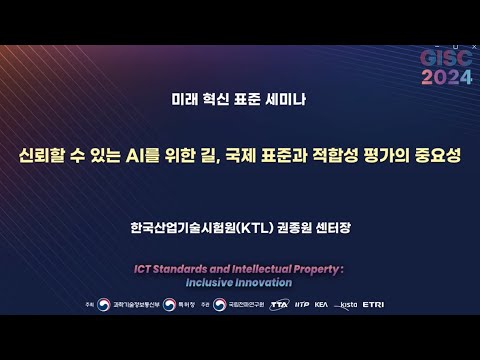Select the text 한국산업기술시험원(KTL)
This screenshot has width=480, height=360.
(189, 228)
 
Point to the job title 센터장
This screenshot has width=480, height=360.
(327, 228)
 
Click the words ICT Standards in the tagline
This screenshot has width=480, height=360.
(176, 269)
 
